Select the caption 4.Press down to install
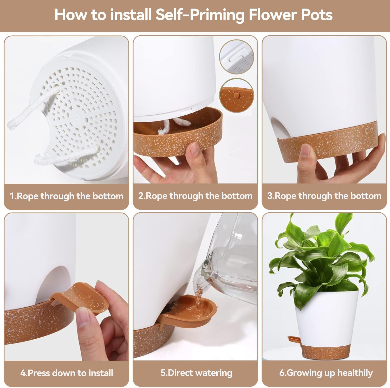67,373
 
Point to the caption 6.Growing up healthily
326,373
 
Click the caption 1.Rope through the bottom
67,196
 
